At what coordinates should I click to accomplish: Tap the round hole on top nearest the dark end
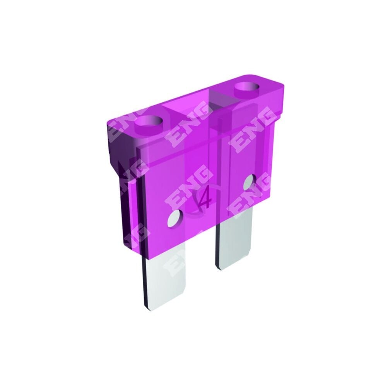pos(149,122)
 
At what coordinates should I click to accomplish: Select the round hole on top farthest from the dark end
pos(247,87)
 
